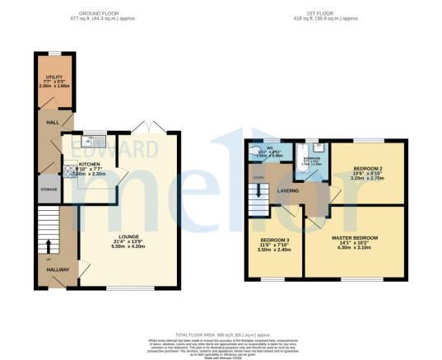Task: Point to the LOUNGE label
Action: click(x=128, y=236)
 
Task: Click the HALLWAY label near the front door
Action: click(x=55, y=269)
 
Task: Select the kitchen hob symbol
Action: click(x=69, y=171)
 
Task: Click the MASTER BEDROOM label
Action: click(x=355, y=238)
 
